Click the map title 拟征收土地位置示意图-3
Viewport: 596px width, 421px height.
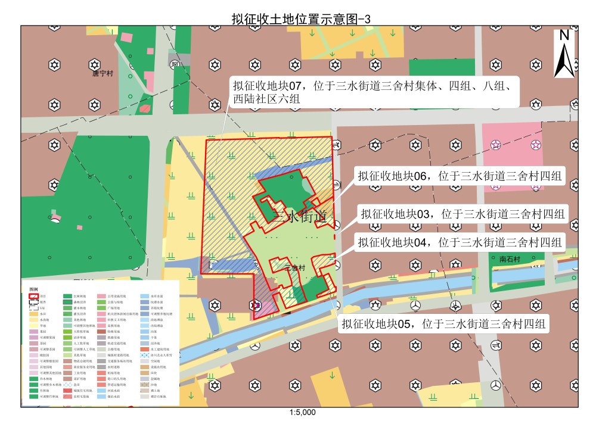coord(301,18)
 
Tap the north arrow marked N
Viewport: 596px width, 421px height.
coord(564,54)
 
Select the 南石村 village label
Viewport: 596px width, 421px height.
coord(510,260)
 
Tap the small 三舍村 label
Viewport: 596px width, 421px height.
coord(296,267)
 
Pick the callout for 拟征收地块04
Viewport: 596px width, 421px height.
coord(459,242)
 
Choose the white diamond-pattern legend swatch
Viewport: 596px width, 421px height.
coord(67,385)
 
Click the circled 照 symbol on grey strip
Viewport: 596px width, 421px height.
coord(173,64)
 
